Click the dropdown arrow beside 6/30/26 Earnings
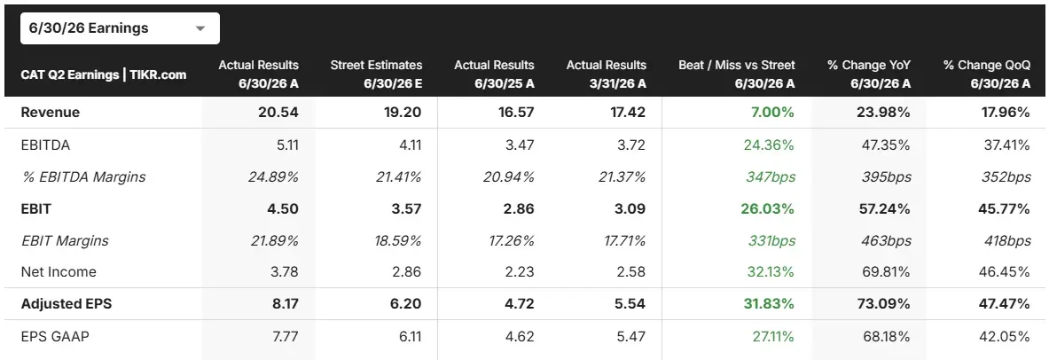pos(200,28)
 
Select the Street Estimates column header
pos(376,73)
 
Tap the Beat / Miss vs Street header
pos(737,73)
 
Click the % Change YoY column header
pos(872,73)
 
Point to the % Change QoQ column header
pos(987,73)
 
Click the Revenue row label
pos(51,113)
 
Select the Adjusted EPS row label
pos(67,304)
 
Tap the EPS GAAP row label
pos(55,336)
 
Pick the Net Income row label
pos(59,271)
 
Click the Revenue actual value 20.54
pos(278,113)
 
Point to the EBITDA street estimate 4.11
pos(410,144)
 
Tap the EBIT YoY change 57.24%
pos(885,208)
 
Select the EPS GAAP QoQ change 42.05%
pos(1008,336)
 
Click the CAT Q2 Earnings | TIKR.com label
pos(104,74)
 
